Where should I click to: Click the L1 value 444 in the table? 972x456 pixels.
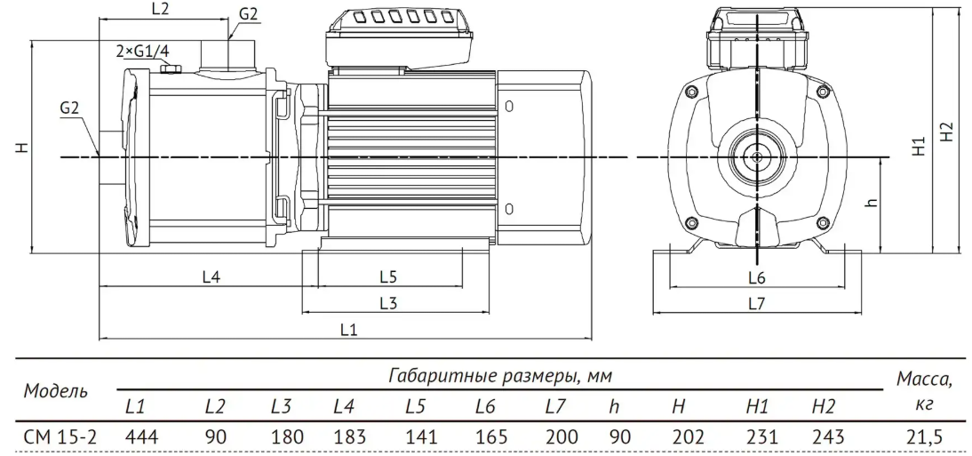pos(141,436)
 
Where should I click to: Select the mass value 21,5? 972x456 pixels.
pos(927,437)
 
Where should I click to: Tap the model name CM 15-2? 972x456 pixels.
pos(60,436)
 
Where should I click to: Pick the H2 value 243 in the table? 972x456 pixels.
pos(827,436)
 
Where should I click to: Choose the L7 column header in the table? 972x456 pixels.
pos(556,407)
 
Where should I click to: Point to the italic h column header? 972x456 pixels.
pos(614,407)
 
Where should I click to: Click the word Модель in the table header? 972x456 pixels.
pos(55,391)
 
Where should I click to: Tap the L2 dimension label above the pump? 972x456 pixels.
pos(161,9)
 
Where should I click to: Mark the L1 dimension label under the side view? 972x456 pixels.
pos(349,330)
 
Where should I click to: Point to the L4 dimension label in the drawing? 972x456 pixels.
pos(211,277)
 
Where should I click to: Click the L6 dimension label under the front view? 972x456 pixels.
pos(757,278)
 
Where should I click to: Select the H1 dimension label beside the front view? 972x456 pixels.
pos(920,146)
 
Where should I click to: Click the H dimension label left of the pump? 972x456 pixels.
pos(23,148)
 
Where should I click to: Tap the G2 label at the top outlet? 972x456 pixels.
pos(248,15)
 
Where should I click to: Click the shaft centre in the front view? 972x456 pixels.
pos(757,157)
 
